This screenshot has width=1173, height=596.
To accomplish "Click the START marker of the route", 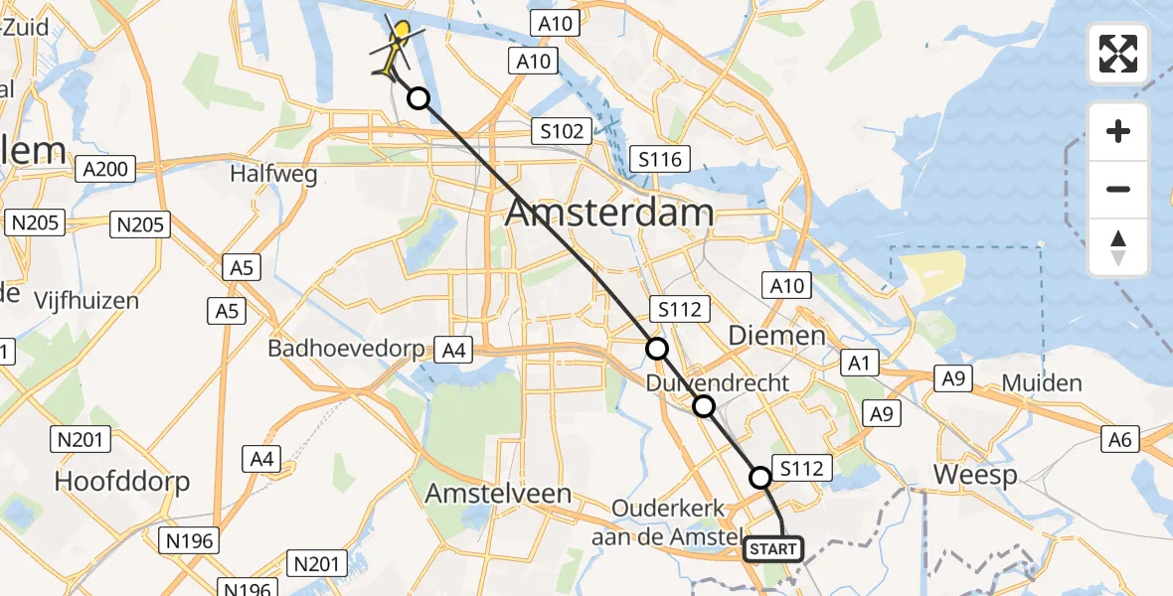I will pyautogui.click(x=774, y=548).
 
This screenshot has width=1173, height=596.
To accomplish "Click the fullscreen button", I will pyautogui.click(x=1118, y=54).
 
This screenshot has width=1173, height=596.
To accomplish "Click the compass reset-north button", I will pyautogui.click(x=1118, y=247).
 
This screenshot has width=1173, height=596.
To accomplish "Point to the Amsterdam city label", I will pyautogui.click(x=609, y=213).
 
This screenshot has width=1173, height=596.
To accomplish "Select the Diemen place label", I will pyautogui.click(x=777, y=336).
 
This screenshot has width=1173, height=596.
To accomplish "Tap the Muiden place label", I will pyautogui.click(x=1042, y=383).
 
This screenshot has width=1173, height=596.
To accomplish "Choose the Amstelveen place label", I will pyautogui.click(x=498, y=494).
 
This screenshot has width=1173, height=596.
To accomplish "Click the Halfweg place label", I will pyautogui.click(x=273, y=175).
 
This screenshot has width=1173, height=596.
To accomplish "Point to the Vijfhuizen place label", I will pyautogui.click(x=86, y=300).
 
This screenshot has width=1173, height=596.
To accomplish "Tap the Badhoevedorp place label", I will pyautogui.click(x=345, y=349).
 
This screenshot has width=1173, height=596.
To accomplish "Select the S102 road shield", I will pyautogui.click(x=561, y=130).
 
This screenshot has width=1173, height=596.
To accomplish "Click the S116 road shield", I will pyautogui.click(x=660, y=159).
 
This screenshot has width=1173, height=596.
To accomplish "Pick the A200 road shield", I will pyautogui.click(x=105, y=169).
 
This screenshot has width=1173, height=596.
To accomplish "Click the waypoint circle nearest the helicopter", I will pyautogui.click(x=419, y=98).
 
